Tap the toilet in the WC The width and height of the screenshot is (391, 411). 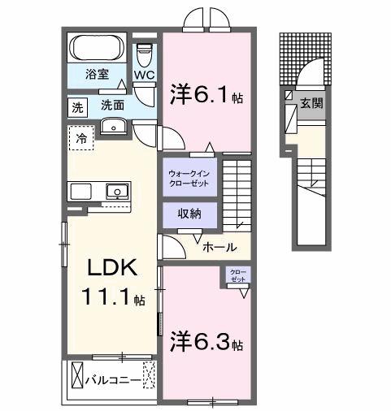tap(145, 57)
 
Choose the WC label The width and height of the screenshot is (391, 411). tap(145, 76)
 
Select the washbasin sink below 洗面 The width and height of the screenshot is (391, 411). tap(113, 126)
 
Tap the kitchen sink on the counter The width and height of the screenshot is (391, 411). tap(116, 193)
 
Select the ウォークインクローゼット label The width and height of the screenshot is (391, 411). tap(189, 177)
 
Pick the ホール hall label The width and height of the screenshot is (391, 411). tap(219, 246)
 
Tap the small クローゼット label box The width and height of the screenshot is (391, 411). tap(238, 275)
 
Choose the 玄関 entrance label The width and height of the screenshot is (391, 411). tap(310, 103)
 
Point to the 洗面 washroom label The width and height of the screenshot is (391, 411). tap(113, 106)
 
